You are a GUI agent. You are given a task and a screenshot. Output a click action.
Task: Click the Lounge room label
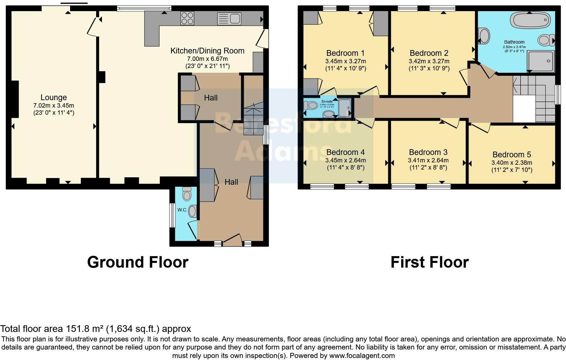point(53,98)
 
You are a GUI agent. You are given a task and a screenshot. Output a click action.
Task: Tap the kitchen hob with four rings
point(187,18)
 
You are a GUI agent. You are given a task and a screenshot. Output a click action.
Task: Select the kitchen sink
point(229,18)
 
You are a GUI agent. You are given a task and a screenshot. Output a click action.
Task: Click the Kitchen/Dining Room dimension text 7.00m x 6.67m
point(208,59)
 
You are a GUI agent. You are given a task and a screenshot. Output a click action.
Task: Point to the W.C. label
point(182,210)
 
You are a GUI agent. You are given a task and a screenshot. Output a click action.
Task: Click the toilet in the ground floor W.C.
point(187,194)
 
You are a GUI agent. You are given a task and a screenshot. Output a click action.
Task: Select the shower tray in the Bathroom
point(541,61)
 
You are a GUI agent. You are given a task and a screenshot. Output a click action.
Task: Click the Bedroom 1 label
point(345,53)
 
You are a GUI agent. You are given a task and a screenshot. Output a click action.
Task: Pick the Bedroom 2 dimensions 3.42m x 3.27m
point(429,61)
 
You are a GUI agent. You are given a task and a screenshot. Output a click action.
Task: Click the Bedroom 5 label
point(511,155)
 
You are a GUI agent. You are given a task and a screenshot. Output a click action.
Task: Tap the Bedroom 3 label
point(428,152)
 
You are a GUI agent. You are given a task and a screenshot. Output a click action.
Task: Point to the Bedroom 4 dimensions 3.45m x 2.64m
point(345,160)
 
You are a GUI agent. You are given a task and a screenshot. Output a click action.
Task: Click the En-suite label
point(327,101)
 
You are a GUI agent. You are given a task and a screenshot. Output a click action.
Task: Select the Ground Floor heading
point(137,262)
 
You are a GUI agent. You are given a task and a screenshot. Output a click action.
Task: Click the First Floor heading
point(429,262)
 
